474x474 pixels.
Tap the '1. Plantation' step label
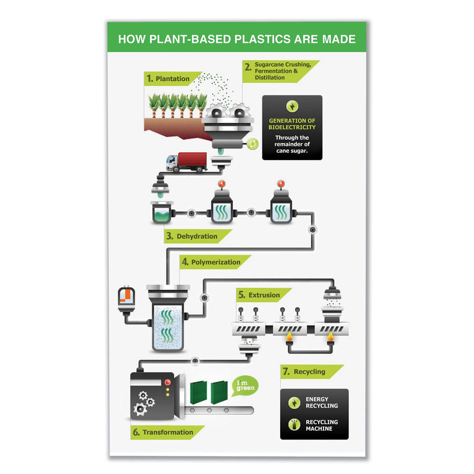(168, 78)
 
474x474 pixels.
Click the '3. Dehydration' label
(192, 236)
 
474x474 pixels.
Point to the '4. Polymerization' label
(210, 262)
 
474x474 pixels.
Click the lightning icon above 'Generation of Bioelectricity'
(292, 107)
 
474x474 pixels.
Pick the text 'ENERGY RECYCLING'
(321, 402)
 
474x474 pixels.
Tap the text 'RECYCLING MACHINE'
(321, 425)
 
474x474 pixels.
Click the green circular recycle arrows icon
(252, 143)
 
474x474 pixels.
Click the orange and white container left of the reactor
(124, 298)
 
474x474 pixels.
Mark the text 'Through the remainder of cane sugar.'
(292, 143)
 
